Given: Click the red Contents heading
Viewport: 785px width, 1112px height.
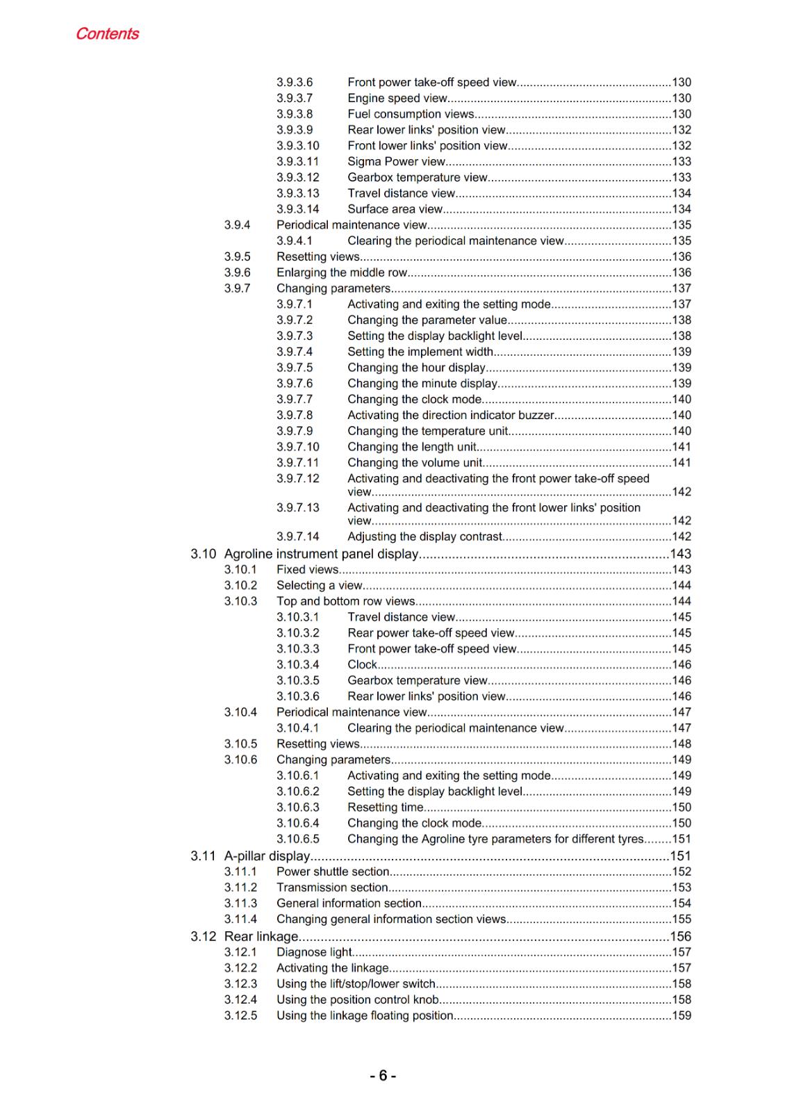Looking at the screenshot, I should click(107, 33).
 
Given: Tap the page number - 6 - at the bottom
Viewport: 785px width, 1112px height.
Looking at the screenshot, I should click(383, 1076).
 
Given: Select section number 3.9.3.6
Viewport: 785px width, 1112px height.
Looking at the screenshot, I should click(295, 82).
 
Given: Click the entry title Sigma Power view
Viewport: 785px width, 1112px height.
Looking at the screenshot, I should click(396, 161).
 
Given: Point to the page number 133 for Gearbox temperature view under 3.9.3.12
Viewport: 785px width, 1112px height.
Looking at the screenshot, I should click(681, 177).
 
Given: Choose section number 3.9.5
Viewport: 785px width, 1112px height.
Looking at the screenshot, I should click(237, 256).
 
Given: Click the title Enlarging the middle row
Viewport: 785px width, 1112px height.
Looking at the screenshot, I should click(342, 272).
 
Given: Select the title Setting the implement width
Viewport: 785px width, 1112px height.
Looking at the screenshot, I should click(420, 352).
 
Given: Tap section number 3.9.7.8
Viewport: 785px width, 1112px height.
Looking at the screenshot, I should click(295, 415).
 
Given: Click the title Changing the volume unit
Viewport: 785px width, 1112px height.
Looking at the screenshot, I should click(415, 462).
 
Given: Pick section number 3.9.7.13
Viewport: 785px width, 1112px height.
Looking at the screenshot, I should click(298, 507).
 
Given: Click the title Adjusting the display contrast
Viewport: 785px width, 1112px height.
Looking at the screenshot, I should click(424, 537).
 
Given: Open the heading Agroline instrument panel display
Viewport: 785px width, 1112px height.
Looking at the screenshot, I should click(321, 554).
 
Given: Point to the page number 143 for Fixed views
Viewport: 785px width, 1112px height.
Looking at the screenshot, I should click(681, 569).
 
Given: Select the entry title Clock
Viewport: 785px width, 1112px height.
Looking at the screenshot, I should click(362, 664).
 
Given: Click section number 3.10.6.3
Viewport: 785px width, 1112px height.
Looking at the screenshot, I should click(298, 807).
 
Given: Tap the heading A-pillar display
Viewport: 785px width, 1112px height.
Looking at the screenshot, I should click(267, 856).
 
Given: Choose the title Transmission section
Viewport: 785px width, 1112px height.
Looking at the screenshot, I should click(332, 888).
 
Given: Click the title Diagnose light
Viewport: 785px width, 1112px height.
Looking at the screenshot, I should click(314, 952).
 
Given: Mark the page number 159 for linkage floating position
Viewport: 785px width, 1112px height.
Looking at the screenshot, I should click(681, 1015).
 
